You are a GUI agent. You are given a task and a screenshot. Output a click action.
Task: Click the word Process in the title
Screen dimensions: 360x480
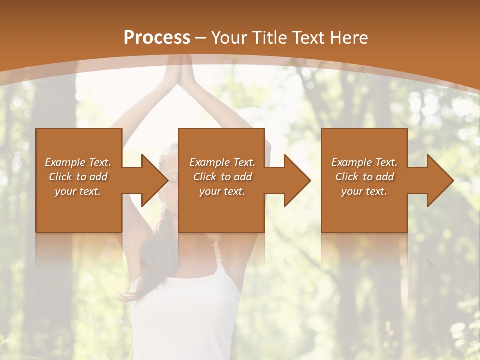click(x=157, y=37)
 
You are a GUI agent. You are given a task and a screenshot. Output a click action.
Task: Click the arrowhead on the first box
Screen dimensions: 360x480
click(x=152, y=180)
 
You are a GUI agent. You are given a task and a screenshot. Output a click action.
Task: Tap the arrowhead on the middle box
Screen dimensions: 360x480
click(x=295, y=180)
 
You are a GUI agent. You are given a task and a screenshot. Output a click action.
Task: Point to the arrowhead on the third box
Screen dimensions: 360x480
click(x=438, y=180)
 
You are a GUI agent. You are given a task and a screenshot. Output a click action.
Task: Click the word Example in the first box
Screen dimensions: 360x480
click(x=65, y=162)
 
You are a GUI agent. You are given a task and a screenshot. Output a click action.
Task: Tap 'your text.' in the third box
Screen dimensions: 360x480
click(x=364, y=191)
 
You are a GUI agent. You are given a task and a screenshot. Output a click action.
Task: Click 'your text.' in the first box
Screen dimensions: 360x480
click(x=78, y=191)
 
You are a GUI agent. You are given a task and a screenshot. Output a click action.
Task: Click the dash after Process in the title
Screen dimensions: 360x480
click(x=201, y=37)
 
